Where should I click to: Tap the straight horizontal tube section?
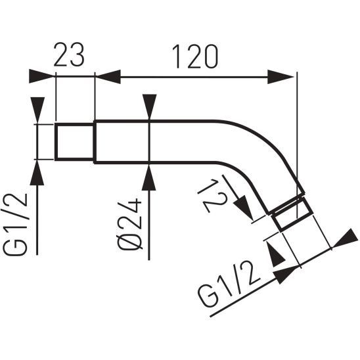tap(158, 141)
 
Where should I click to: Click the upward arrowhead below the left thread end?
tap(37, 173)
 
